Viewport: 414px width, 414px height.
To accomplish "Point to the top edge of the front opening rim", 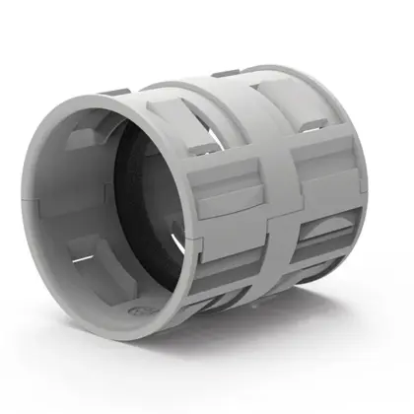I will tap(118, 99).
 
